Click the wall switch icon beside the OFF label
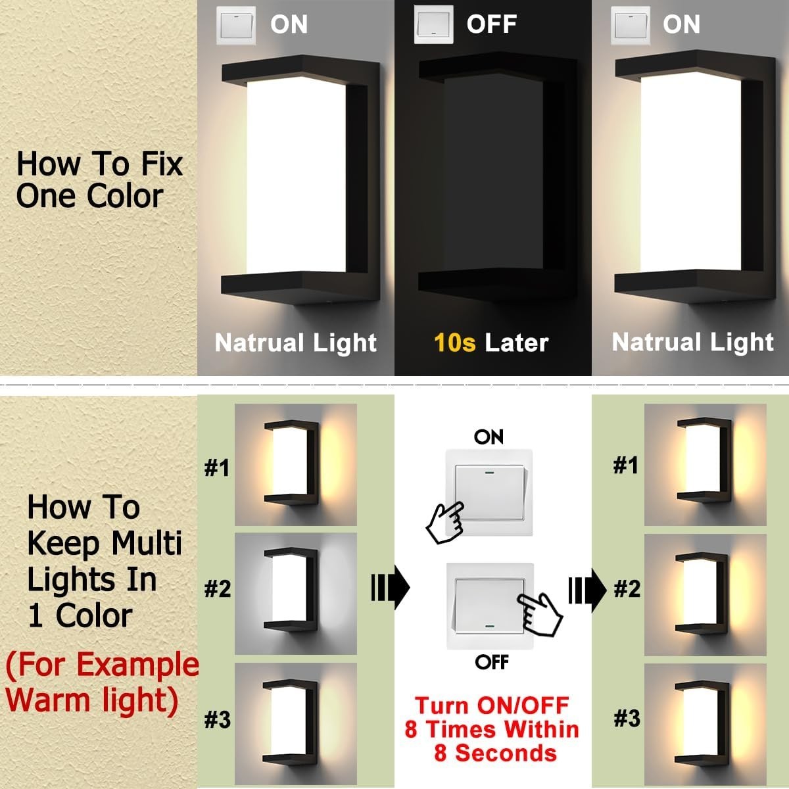click(x=433, y=24)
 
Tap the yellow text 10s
click(x=454, y=343)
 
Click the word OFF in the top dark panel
click(x=492, y=24)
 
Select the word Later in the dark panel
click(x=516, y=343)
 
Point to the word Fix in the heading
click(x=162, y=164)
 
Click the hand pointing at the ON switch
click(x=446, y=523)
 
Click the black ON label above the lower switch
click(x=489, y=437)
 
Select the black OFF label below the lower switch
click(x=492, y=661)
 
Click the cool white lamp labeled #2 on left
click(x=291, y=588)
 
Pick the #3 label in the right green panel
click(x=627, y=718)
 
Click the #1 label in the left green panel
click(x=217, y=467)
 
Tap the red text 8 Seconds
click(x=496, y=753)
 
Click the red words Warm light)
click(x=92, y=700)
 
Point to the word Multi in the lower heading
click(x=146, y=543)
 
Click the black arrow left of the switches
click(x=390, y=588)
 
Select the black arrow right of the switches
click(x=587, y=590)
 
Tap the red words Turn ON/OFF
click(x=492, y=705)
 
